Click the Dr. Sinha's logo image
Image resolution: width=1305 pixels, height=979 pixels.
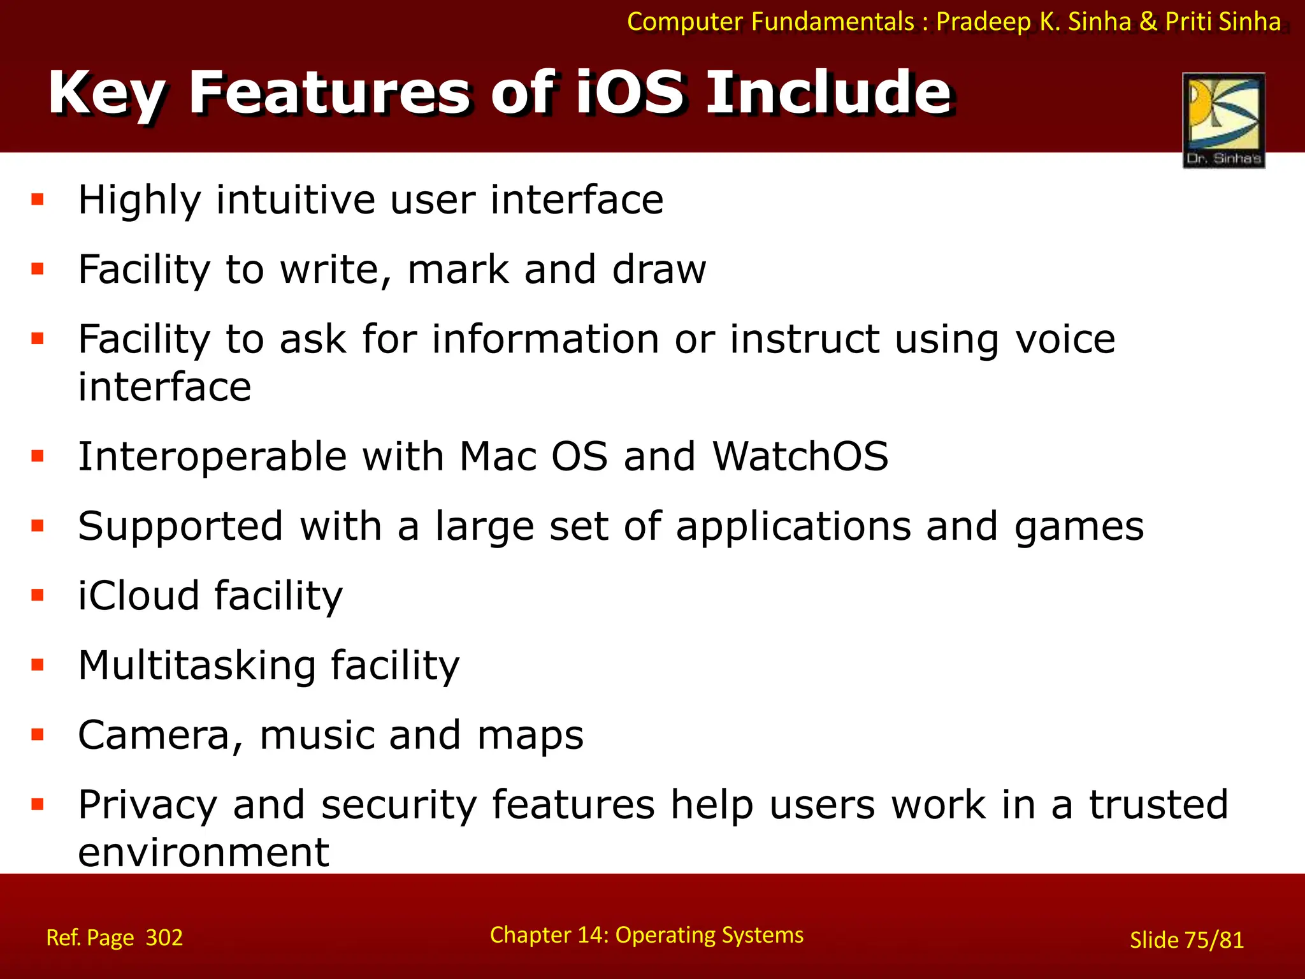tap(1223, 120)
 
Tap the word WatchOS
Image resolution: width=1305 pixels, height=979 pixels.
tap(800, 456)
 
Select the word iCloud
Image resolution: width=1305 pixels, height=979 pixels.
tap(138, 595)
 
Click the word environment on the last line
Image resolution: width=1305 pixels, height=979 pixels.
tap(203, 853)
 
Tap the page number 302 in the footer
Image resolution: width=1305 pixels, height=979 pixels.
tap(164, 938)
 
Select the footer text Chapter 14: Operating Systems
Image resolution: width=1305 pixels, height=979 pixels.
tap(646, 935)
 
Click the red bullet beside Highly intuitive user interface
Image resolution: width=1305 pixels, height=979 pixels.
tap(38, 200)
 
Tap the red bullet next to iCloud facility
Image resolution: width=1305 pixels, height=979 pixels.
tap(38, 595)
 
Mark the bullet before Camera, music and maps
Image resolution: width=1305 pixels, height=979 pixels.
tap(38, 735)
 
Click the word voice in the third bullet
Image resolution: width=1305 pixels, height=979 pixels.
tap(1065, 339)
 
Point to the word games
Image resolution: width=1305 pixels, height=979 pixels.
tap(1079, 527)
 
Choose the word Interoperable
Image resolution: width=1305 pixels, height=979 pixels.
tap(212, 456)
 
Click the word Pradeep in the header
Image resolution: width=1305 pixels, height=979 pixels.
tap(983, 22)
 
